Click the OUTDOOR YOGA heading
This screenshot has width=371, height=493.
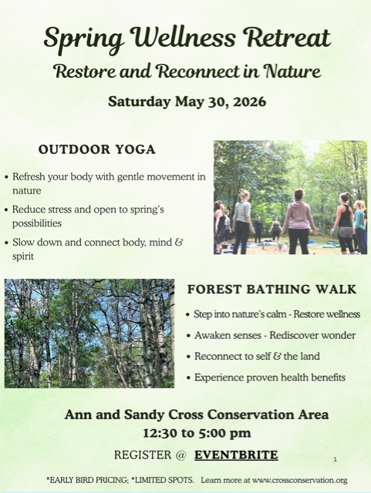[96, 149]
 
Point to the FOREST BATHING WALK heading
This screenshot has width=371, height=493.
[272, 290]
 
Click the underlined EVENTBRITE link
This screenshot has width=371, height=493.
[236, 454]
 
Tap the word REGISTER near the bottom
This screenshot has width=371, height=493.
[145, 454]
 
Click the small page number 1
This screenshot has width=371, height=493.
[335, 459]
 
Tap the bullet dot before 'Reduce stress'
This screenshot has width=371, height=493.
[7, 210]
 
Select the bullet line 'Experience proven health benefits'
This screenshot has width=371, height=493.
[270, 377]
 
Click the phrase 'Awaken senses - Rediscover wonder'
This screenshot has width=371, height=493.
[275, 335]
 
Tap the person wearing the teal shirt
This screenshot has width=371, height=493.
[359, 223]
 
